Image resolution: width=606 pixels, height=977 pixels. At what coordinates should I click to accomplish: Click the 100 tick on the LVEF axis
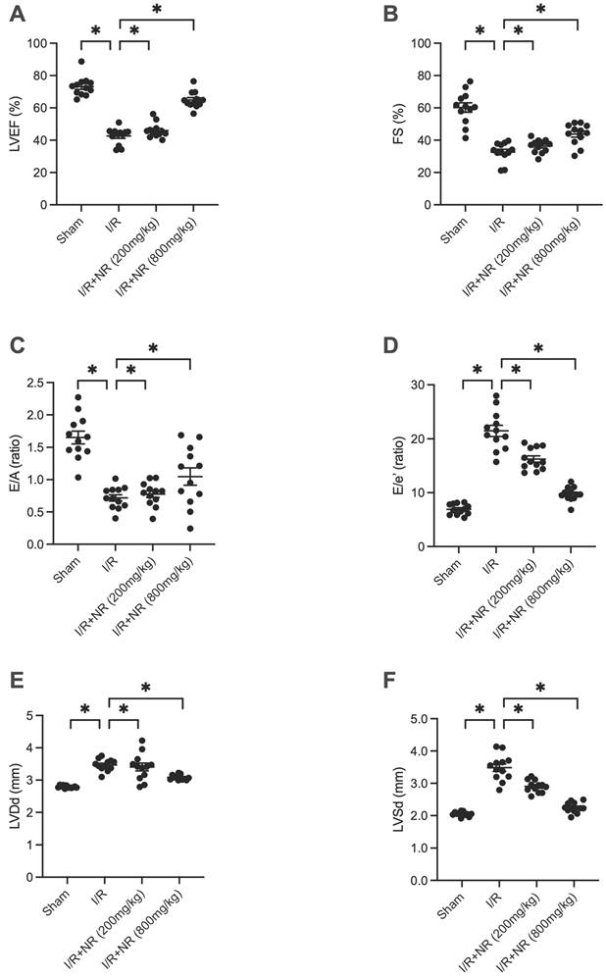coord(37,43)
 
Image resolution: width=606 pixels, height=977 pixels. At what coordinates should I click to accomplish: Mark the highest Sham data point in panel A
coord(81,62)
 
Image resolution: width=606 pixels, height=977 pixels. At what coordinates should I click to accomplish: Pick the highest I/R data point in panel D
coord(496,396)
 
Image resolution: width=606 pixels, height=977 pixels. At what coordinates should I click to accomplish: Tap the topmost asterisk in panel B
coord(540,9)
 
